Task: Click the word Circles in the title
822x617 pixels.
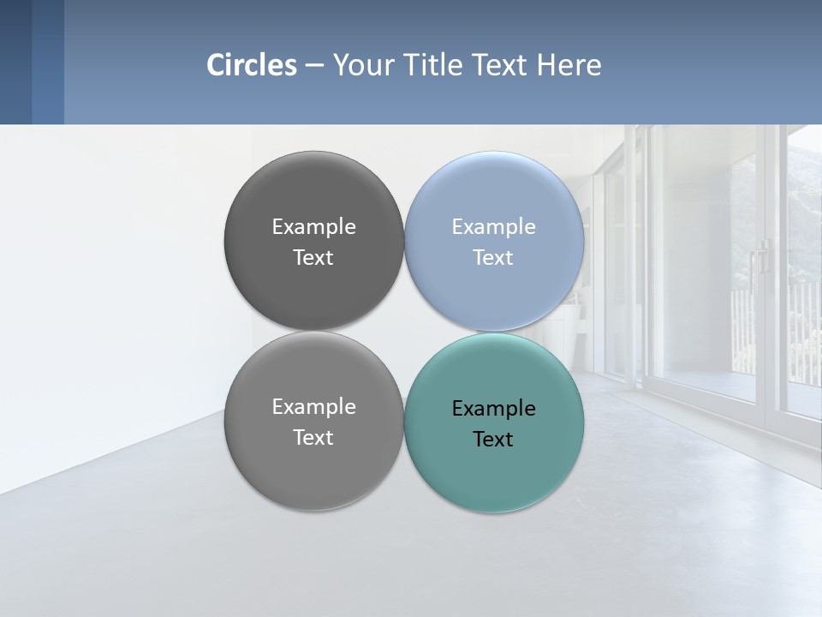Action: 252,65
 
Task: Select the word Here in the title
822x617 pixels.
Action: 569,65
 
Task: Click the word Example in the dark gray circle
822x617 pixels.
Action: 313,226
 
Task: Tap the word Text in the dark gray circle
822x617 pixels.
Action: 313,257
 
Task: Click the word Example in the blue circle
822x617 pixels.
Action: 493,226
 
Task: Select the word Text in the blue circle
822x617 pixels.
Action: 493,257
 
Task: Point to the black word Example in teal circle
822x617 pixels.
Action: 493,408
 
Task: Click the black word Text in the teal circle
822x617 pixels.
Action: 493,439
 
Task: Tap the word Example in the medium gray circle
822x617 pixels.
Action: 313,406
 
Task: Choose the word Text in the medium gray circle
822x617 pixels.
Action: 313,437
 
